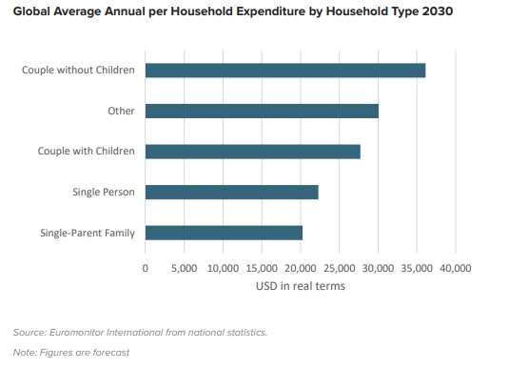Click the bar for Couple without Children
(x=285, y=71)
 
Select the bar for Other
(x=262, y=111)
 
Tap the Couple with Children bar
(x=253, y=152)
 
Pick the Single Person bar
(x=231, y=192)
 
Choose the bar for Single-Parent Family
(x=224, y=233)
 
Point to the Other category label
(x=121, y=111)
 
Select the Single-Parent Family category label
(x=88, y=233)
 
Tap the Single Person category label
(x=104, y=192)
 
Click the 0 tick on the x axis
(x=146, y=269)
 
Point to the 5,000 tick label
(x=184, y=269)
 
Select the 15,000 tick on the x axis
(x=262, y=269)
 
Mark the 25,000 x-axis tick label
(x=340, y=269)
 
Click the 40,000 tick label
(x=456, y=269)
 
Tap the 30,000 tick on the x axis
(x=379, y=269)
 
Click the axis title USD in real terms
(x=300, y=286)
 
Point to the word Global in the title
(x=35, y=12)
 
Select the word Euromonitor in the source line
(x=81, y=332)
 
